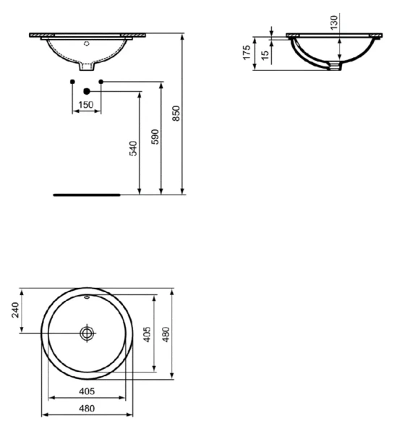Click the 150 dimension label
[86, 105]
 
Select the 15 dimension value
[265, 54]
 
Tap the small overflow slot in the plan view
[87, 297]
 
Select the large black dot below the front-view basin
[87, 91]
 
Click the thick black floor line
[87, 195]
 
